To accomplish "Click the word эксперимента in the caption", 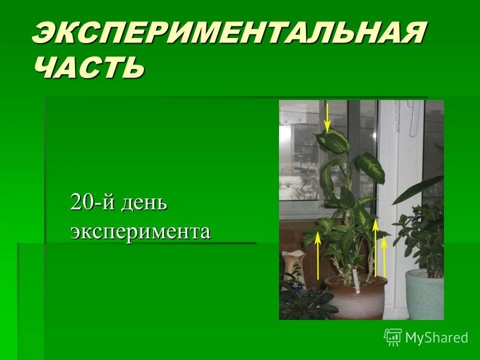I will pyautogui.click(x=140, y=231).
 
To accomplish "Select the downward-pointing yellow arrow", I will pyautogui.click(x=327, y=118).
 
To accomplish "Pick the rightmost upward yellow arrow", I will pyautogui.click(x=384, y=257).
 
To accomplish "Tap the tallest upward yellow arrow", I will pyautogui.click(x=375, y=247).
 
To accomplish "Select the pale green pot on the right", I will pyautogui.click(x=424, y=295).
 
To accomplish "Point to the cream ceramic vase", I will pyautogui.click(x=293, y=265).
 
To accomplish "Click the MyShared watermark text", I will pyautogui.click(x=436, y=337).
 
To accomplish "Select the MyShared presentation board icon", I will pyautogui.click(x=393, y=337).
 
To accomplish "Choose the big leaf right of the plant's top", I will pyautogui.click(x=370, y=167).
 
